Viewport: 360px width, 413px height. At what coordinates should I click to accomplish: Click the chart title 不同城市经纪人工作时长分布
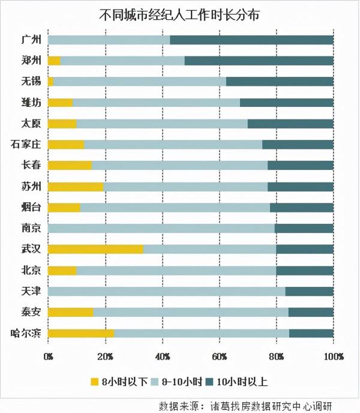pos(179,15)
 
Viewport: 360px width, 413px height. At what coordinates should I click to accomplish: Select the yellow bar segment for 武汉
pos(95,249)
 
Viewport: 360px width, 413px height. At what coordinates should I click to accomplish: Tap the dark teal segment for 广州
pos(251,40)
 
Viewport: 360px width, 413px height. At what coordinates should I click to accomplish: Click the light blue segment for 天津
pos(166,291)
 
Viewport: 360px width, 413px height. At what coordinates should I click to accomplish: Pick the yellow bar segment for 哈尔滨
pos(80,333)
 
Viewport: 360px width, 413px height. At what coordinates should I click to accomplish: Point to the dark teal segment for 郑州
pos(259,61)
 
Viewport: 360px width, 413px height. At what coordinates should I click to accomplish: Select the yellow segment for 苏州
pos(75,187)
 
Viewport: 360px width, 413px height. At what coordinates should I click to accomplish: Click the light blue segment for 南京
pos(161,228)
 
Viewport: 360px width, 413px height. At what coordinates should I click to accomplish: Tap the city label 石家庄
pos(26,144)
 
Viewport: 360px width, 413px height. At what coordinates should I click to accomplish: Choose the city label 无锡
pos(30,81)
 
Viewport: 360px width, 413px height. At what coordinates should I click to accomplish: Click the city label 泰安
pos(30,312)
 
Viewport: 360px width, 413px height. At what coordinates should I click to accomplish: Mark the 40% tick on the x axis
pos(162,356)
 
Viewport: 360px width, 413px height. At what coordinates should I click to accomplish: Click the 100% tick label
pos(334,356)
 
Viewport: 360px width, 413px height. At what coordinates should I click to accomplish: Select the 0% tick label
pos(49,356)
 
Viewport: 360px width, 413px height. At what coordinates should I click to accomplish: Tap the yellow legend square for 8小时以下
pos(94,382)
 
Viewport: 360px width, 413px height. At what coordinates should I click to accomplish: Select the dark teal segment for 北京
pos(304,270)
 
